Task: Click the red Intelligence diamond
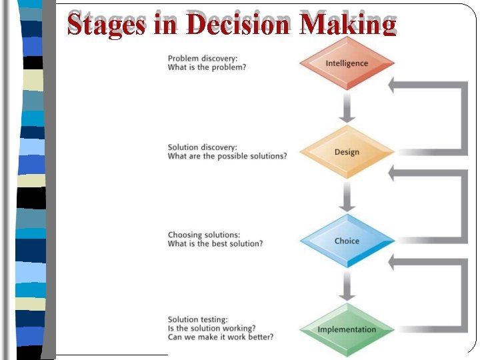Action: [347, 63]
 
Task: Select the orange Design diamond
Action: [347, 152]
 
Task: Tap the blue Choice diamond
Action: [347, 241]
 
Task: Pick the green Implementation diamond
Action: [347, 329]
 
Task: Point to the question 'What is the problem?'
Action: [207, 67]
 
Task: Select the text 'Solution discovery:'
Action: [202, 147]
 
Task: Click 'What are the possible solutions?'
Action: [227, 156]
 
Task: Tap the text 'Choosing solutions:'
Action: [203, 235]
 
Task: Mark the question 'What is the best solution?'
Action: [215, 244]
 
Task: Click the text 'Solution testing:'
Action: [197, 319]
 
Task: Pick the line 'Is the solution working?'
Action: [211, 328]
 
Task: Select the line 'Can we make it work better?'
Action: [220, 337]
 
